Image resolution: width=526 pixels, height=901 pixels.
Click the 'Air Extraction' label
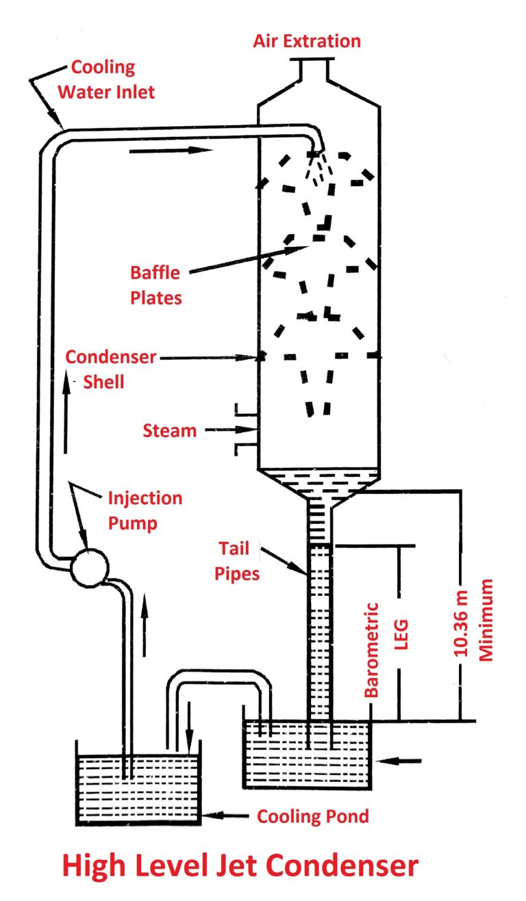(x=306, y=40)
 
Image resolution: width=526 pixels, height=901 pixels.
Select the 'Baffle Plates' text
(x=155, y=285)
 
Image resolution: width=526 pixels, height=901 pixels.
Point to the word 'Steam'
(x=170, y=430)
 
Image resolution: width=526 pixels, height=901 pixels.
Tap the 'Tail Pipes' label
(x=239, y=560)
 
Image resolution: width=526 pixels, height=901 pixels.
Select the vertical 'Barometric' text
(x=373, y=649)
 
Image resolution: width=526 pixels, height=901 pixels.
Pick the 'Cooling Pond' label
(x=312, y=816)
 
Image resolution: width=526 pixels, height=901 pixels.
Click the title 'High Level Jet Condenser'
(x=240, y=865)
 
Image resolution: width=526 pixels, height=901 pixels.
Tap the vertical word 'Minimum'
(x=486, y=620)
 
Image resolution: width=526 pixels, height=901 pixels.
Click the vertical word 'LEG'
(x=402, y=634)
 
